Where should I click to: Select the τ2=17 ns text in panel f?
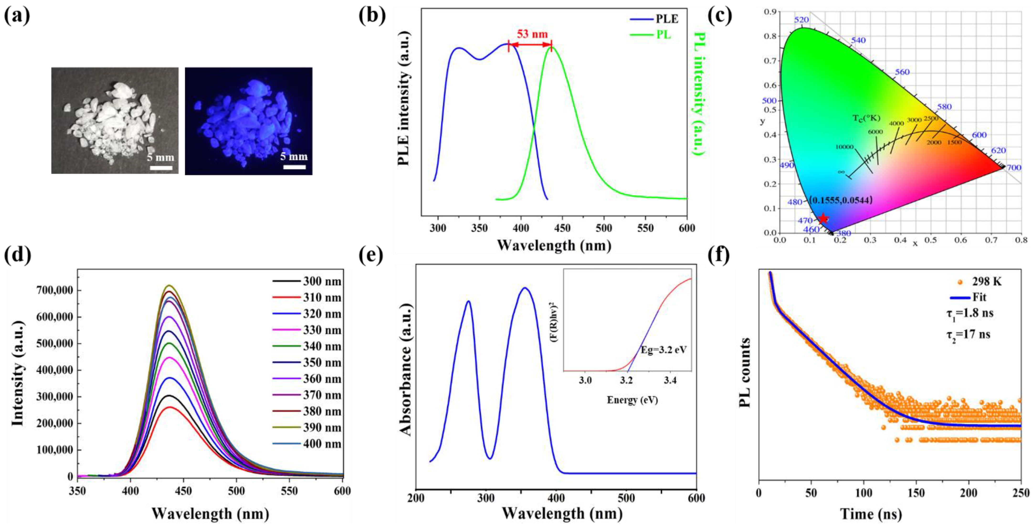(970, 334)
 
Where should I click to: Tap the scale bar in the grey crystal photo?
(161, 167)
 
